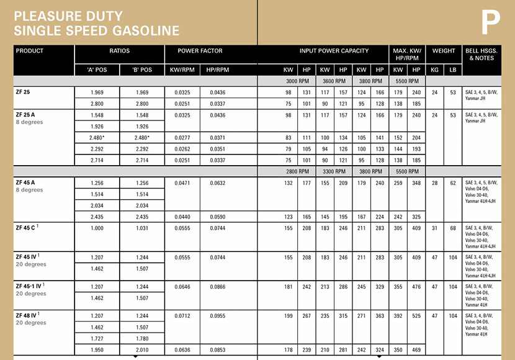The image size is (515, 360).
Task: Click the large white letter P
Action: [x=490, y=22]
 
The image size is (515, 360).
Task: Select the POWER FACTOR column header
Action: [x=200, y=51]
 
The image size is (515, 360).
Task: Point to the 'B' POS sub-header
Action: [x=142, y=70]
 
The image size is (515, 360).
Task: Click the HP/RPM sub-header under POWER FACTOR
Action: [x=218, y=70]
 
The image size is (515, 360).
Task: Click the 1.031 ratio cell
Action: [x=142, y=228]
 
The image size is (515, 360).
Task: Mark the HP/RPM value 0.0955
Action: [x=218, y=315]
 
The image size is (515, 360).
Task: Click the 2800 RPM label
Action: [x=297, y=171]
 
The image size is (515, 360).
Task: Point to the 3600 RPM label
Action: [x=334, y=81]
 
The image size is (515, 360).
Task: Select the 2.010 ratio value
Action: [x=142, y=350]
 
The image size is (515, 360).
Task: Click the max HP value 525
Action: [x=416, y=315]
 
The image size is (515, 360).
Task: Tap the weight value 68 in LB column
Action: [x=453, y=228]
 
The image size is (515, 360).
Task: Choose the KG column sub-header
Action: [x=435, y=70]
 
